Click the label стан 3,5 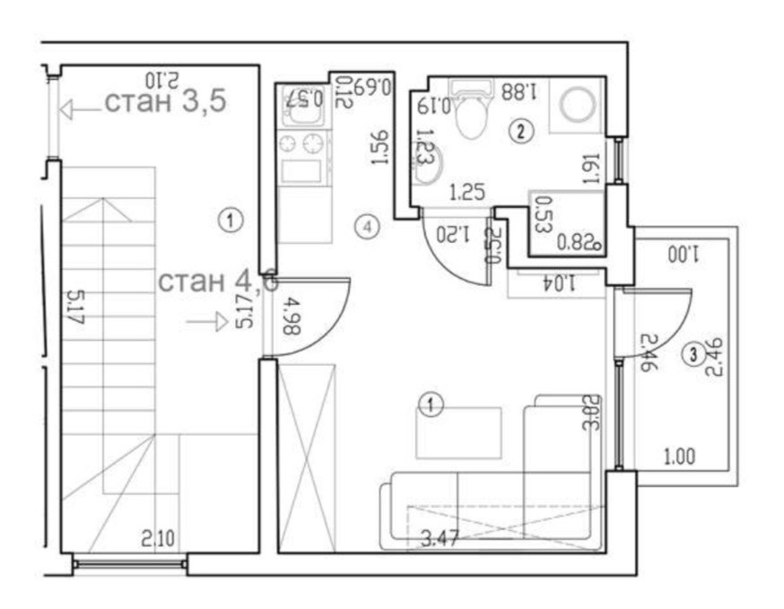[x=165, y=101]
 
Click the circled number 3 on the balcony [x=693, y=354]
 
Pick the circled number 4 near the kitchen [x=366, y=227]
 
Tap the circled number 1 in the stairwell [x=231, y=218]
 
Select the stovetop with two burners [x=302, y=144]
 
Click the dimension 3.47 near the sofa [x=440, y=539]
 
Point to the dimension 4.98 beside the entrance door [x=289, y=319]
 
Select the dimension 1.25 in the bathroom [x=466, y=191]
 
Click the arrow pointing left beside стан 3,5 [x=79, y=109]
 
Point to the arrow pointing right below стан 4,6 [x=207, y=320]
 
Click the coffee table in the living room [x=457, y=432]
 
